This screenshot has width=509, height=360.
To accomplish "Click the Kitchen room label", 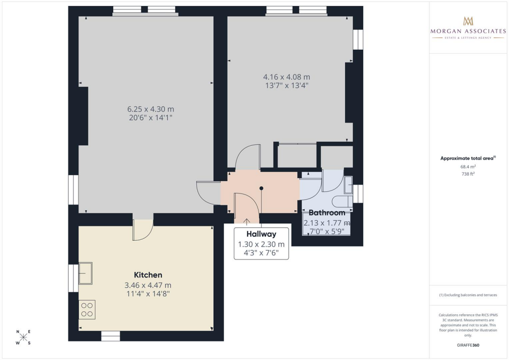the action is [148, 275].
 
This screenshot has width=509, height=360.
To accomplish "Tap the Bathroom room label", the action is [327, 213].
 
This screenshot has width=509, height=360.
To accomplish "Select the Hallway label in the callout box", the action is [261, 234].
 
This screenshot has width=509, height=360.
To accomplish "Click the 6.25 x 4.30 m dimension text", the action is [151, 109].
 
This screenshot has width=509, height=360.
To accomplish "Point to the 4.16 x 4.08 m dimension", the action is [286, 77].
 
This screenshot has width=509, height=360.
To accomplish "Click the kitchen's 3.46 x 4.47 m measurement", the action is [148, 285].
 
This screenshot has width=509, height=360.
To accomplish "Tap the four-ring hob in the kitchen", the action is [87, 309].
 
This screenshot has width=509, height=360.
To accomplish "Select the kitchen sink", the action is [85, 273].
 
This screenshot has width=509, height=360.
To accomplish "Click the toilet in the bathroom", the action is [342, 201].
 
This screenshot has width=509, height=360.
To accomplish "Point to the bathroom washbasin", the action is [348, 184].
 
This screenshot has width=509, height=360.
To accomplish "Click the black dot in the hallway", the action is [261, 188].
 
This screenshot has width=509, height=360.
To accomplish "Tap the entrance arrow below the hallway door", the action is [247, 222].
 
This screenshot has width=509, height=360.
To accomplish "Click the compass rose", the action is [23, 337].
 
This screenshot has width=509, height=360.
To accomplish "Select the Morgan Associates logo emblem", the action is [468, 21].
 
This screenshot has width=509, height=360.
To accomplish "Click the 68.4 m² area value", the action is [468, 167].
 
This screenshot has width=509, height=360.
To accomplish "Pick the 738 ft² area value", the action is [468, 174].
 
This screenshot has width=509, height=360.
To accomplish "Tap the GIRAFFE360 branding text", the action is [468, 345].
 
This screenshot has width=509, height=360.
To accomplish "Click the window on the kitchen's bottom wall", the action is [110, 336].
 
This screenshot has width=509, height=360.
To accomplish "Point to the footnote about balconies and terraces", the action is [468, 295].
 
